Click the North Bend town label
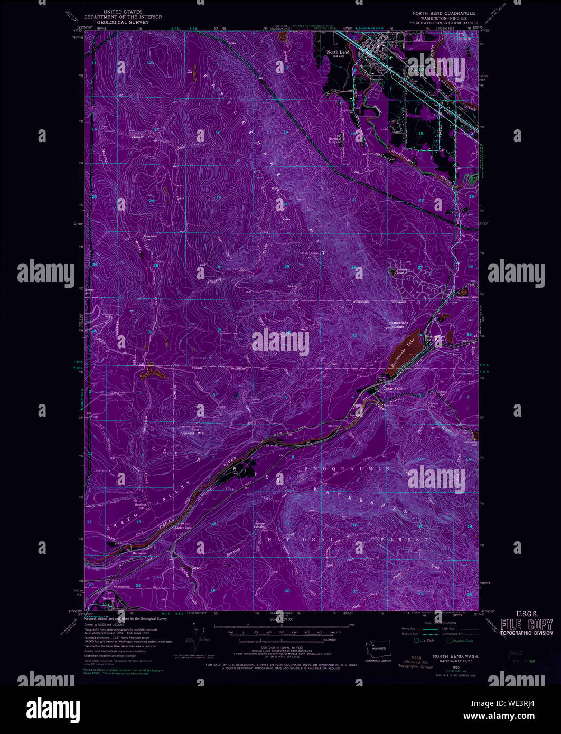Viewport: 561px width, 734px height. tap(338, 52)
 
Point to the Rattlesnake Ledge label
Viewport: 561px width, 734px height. tap(396, 325)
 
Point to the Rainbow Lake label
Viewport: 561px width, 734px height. tap(466, 297)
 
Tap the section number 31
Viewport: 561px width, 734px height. tap(219, 330)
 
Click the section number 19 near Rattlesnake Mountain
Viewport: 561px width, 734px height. tap(218, 197)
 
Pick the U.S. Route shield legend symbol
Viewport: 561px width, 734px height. tap(417, 641)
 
